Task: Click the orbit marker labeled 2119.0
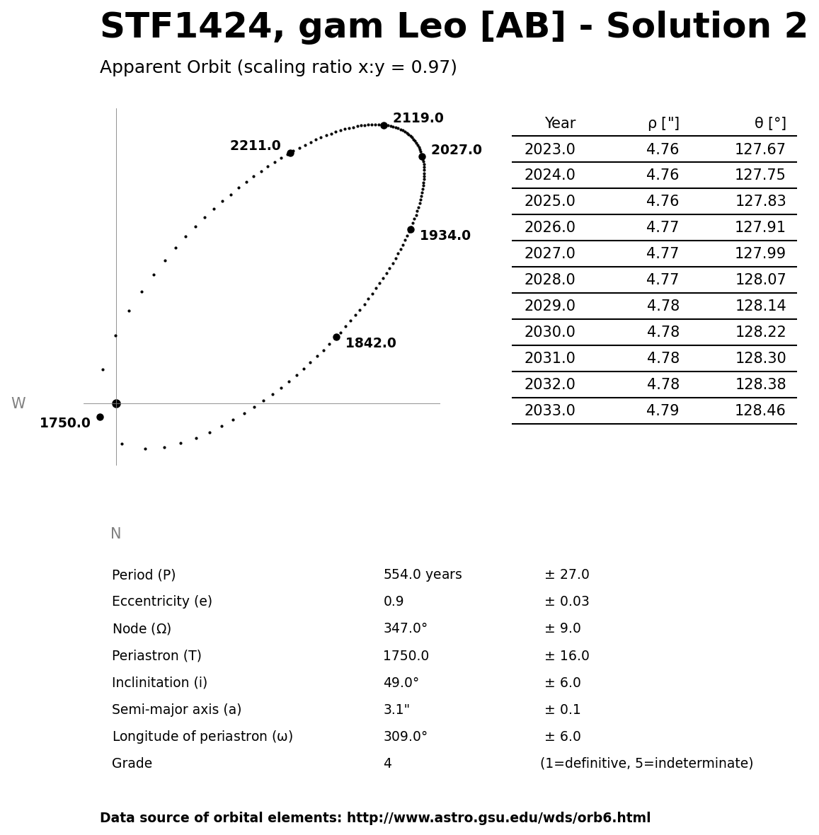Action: (384, 125)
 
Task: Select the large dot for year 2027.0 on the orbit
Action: (422, 156)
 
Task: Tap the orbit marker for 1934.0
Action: (411, 229)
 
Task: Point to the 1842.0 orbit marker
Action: (336, 337)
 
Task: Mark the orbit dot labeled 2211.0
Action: (290, 153)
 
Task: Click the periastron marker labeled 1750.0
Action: (100, 417)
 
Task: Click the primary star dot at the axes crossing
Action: (116, 403)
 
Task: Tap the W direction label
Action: (18, 403)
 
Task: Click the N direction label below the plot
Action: (115, 534)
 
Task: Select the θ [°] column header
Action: (769, 123)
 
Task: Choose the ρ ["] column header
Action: (663, 123)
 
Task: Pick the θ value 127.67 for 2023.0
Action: (760, 149)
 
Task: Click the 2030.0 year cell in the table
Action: (549, 332)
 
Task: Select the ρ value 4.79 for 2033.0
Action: (663, 410)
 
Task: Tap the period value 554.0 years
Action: (422, 575)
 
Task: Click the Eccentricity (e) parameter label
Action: (161, 601)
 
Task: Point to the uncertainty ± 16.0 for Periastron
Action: (566, 656)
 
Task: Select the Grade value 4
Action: (387, 764)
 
